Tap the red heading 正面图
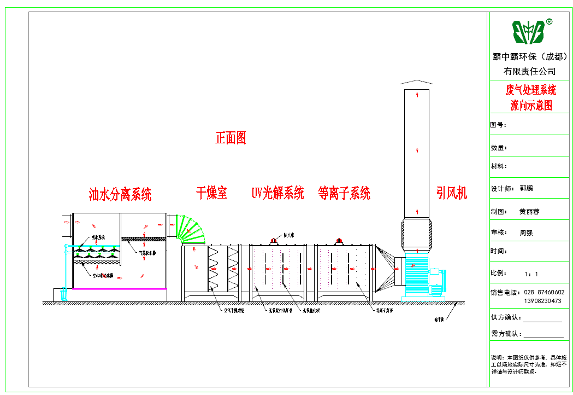tap(231, 138)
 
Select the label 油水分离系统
tap(120, 194)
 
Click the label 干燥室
tap(211, 193)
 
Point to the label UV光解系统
tap(277, 193)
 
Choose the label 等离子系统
tap(344, 193)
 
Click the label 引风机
tap(452, 193)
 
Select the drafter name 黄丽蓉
tap(529, 211)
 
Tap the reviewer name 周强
tap(526, 233)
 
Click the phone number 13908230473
tap(542, 301)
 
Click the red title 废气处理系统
tap(530, 90)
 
